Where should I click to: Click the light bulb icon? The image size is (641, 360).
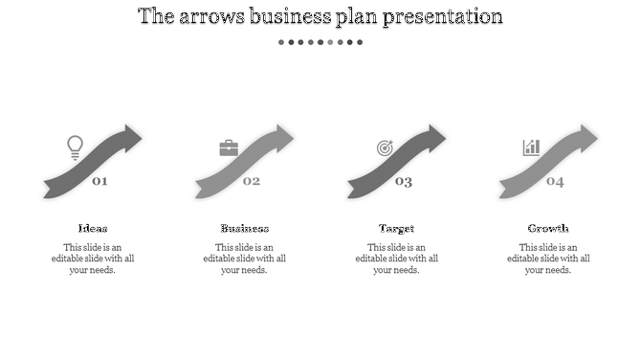click(75, 147)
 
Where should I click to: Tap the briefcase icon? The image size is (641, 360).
click(229, 148)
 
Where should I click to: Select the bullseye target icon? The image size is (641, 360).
click(385, 148)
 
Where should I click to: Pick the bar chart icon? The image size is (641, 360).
click(531, 147)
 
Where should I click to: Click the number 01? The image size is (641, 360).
click(99, 181)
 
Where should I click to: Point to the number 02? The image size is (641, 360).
click(252, 181)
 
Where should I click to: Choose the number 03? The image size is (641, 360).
click(404, 181)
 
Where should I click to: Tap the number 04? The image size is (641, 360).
click(555, 181)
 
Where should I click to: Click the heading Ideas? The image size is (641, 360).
click(93, 228)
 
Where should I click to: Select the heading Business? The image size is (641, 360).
click(245, 228)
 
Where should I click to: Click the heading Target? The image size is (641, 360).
click(396, 228)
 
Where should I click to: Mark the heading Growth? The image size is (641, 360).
click(548, 228)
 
